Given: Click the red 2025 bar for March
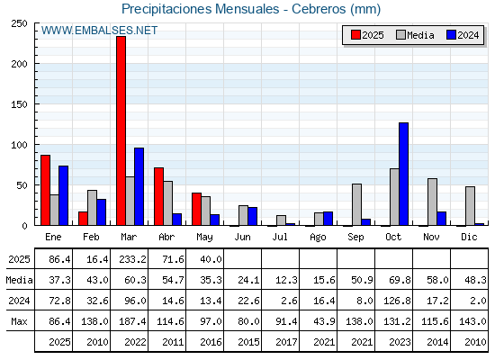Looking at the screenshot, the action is tap(121, 130).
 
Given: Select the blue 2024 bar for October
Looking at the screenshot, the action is tap(404, 174).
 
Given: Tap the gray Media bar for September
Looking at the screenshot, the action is tap(356, 205).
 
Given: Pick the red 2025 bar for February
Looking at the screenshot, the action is tap(83, 219).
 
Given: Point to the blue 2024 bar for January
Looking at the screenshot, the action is tap(63, 196).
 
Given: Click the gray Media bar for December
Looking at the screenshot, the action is tap(470, 206).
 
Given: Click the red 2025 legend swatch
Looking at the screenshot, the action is tap(355, 35).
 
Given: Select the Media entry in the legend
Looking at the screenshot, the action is tap(415, 35).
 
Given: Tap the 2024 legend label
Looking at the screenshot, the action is tap(468, 35).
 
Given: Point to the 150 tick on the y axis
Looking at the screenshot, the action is tap(19, 104).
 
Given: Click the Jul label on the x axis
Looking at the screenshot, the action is tap(280, 238).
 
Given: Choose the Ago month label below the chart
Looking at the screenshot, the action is tap(318, 238).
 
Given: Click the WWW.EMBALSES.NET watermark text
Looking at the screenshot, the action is tap(99, 31).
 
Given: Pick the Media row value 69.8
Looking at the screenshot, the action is tap(400, 280).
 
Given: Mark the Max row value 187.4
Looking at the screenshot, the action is tap(133, 321).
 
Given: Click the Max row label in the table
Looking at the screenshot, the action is tap(19, 321).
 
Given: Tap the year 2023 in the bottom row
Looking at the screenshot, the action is tap(400, 342).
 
